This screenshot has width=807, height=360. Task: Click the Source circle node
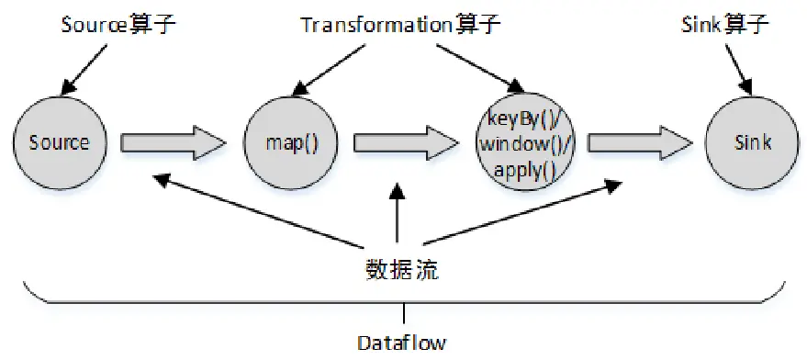(59, 142)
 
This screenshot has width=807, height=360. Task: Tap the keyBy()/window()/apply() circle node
(521, 143)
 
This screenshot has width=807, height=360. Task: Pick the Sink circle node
(752, 142)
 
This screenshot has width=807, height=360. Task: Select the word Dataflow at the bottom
(401, 343)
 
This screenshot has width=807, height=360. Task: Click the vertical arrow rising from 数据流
(396, 220)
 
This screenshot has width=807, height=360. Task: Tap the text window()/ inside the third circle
(521, 143)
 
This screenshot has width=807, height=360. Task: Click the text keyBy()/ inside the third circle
(521, 118)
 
